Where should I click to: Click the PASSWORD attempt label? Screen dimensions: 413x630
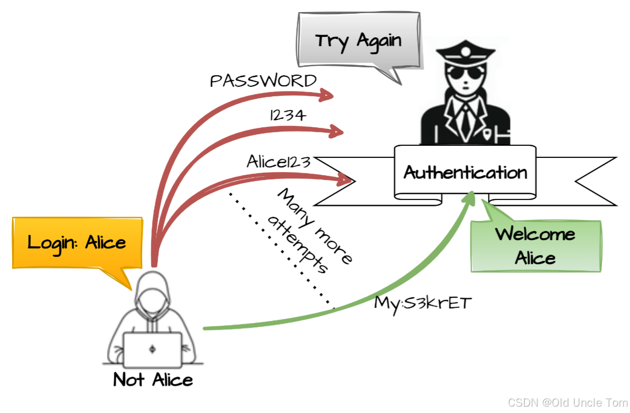tap(263, 81)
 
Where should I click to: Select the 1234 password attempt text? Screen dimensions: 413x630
tap(287, 115)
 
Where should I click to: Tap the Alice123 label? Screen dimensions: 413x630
tap(279, 162)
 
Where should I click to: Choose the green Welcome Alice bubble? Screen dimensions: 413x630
tap(535, 246)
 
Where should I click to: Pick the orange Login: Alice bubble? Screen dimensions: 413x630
tap(77, 243)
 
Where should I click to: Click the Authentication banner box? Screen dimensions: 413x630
tap(465, 172)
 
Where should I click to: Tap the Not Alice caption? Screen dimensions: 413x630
tap(153, 379)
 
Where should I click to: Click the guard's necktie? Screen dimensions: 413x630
tap(466, 118)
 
